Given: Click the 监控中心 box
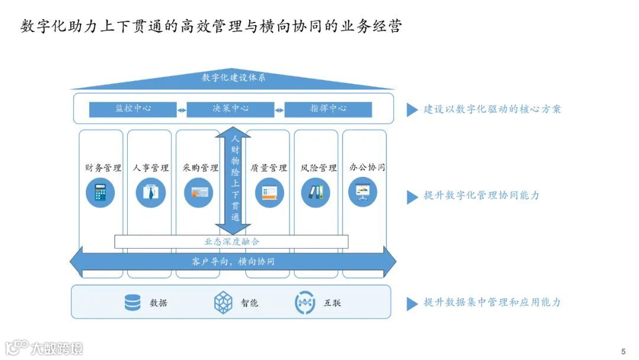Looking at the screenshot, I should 133,110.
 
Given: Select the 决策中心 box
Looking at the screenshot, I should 231,110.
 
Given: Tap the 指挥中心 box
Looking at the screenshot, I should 328,110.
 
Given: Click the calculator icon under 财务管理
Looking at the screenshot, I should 100,193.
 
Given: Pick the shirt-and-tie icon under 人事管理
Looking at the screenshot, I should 150,193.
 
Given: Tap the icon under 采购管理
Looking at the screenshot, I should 198,193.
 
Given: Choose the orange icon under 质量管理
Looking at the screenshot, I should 269,193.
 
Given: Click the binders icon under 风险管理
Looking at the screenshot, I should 315,193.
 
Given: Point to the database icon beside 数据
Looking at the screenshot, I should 133,303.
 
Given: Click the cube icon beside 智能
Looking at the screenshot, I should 223,303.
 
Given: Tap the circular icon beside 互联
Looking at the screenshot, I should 305,303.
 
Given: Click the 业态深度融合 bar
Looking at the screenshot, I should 231,242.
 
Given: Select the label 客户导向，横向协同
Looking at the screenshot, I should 233,261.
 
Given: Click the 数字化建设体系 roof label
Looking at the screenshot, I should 233,78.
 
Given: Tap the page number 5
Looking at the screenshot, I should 623,351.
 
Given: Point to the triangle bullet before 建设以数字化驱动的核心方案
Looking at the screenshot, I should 412,110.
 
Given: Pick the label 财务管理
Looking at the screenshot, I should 103,168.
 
